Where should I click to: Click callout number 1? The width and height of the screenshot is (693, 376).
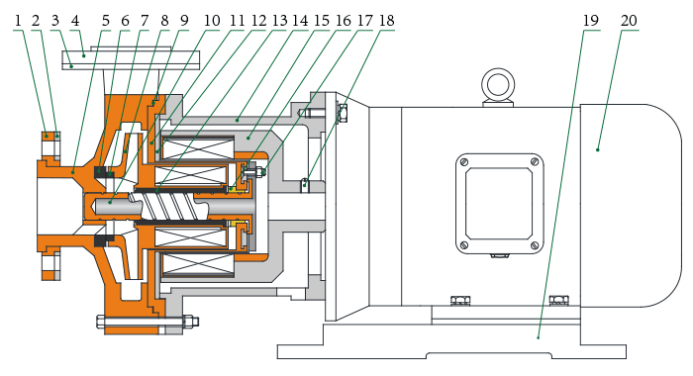pos(18,21)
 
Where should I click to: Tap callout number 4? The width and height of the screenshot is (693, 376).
pos(75,21)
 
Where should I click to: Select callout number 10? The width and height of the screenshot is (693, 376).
pos(212,21)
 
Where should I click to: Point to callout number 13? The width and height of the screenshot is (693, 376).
pos(279,21)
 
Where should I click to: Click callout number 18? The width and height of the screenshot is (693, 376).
pos(386,21)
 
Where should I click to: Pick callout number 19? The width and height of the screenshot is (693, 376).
pos(591,21)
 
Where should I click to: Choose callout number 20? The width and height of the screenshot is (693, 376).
pos(629,21)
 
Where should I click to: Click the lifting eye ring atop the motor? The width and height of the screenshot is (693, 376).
pos(498,85)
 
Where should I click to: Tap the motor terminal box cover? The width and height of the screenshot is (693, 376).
pos(499,204)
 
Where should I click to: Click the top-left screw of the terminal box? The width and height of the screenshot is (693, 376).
pos(463,161)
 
